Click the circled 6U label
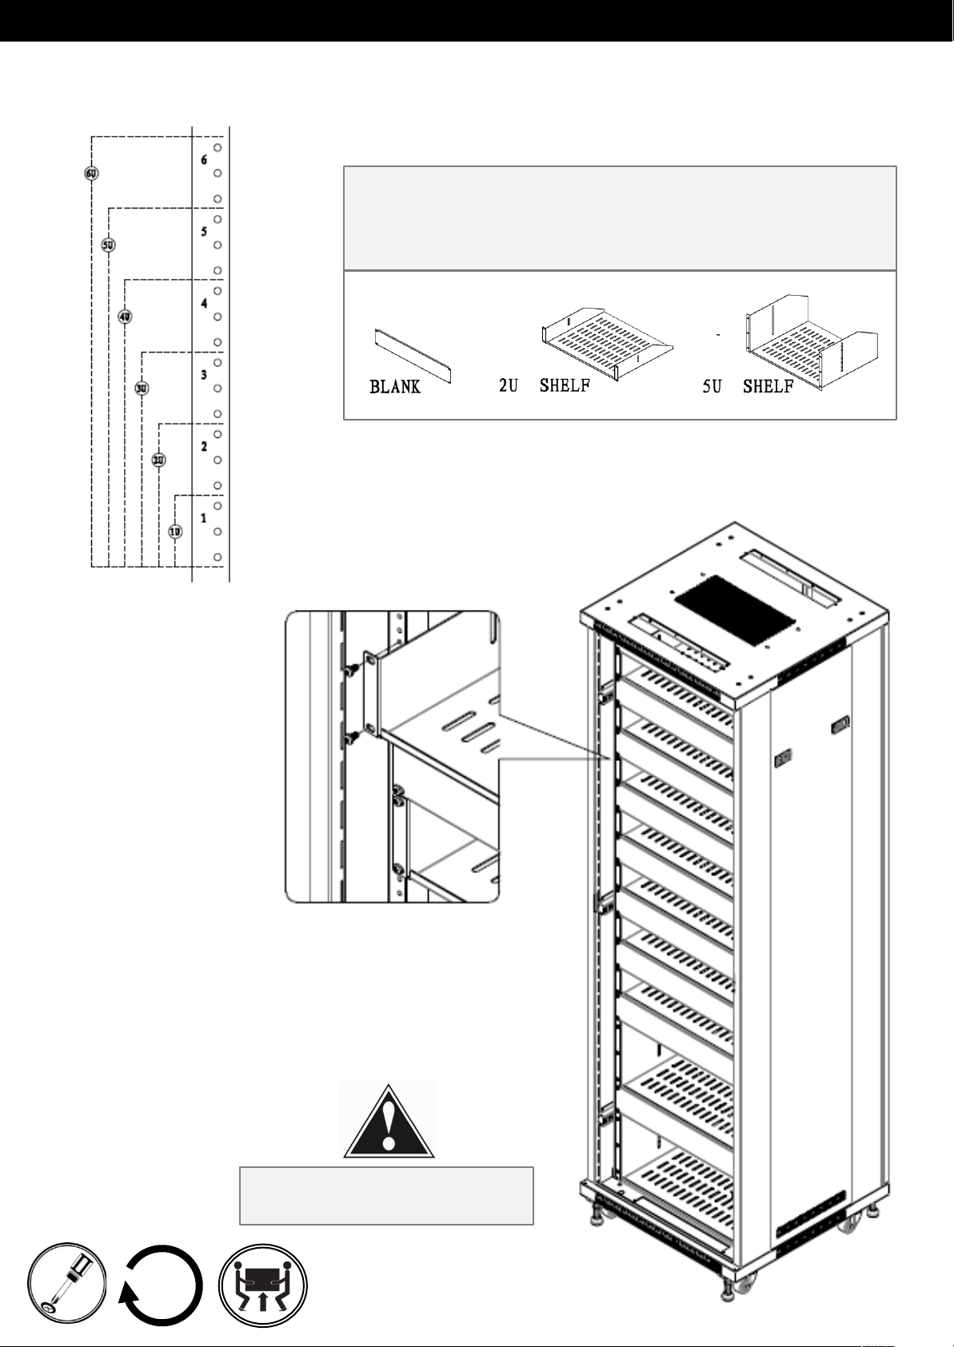point(91,173)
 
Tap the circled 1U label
point(175,532)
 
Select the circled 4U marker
point(125,317)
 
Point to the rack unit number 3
point(204,375)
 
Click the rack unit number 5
point(204,232)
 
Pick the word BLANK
point(394,387)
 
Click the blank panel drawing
point(413,356)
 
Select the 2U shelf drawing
point(607,345)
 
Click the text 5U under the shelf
point(713,386)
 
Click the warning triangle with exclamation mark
point(388,1122)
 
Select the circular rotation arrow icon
point(162,1285)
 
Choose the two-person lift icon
point(263,1285)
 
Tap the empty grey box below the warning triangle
point(386,1195)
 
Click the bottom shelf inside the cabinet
point(681,1179)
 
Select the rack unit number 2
point(204,446)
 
